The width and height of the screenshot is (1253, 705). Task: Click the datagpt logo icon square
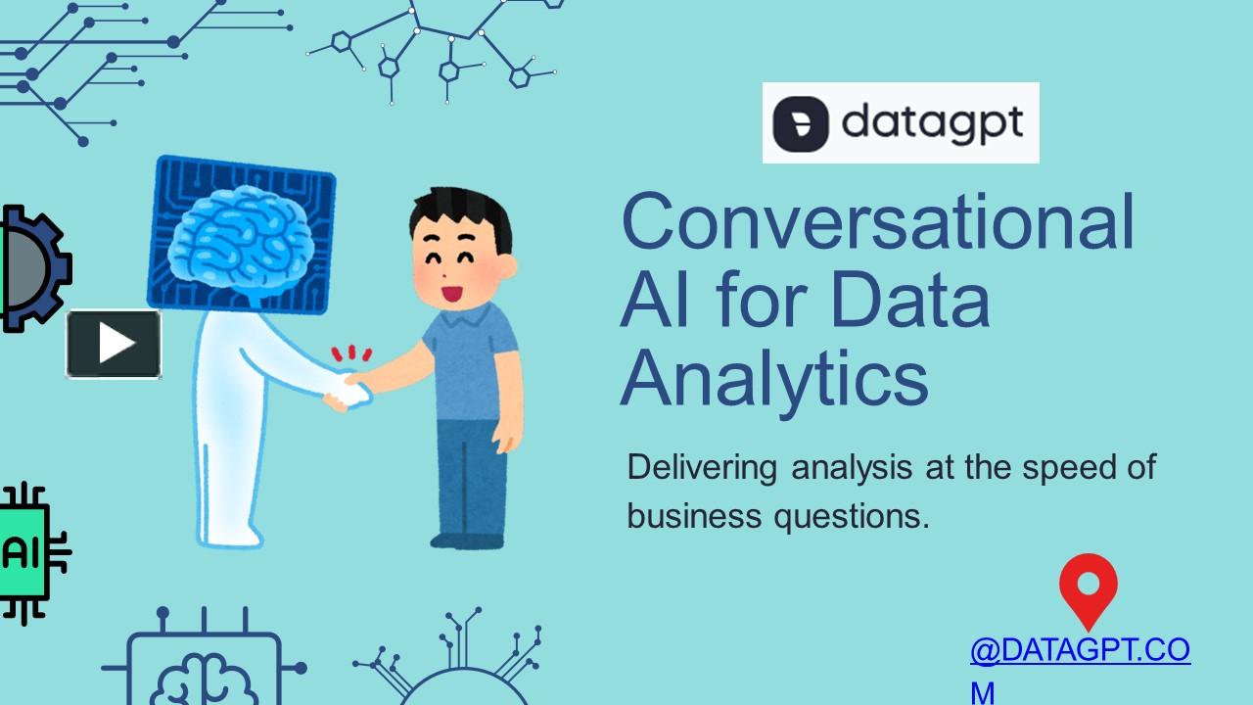(801, 123)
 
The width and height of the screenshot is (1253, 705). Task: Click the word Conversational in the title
(878, 222)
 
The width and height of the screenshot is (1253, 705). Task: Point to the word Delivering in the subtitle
(702, 468)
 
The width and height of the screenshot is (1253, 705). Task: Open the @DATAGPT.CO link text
(1080, 650)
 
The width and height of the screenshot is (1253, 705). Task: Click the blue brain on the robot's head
(240, 234)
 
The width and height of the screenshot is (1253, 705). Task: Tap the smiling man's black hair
(461, 215)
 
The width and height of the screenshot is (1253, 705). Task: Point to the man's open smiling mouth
(451, 292)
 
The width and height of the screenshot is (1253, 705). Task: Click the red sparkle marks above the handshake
(351, 353)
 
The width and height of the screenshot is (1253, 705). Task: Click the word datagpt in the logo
(932, 123)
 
